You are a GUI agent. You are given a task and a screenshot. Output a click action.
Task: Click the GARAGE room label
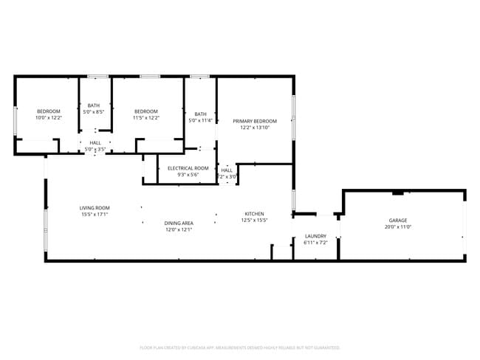click(398, 221)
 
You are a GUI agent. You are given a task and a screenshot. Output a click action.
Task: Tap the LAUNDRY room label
click(315, 236)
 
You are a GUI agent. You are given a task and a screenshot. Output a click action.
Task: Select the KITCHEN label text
click(255, 214)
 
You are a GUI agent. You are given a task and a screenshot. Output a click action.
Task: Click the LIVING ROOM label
click(95, 208)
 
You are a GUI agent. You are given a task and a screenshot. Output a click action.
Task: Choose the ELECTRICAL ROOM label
click(188, 168)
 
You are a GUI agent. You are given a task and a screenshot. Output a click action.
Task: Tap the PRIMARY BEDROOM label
click(255, 121)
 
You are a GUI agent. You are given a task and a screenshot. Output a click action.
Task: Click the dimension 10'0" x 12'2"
click(48, 117)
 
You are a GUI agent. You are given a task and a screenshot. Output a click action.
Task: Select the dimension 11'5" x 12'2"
click(146, 117)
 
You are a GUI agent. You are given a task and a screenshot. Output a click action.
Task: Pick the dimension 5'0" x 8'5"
click(94, 111)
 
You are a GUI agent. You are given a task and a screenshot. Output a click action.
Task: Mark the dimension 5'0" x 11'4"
click(201, 120)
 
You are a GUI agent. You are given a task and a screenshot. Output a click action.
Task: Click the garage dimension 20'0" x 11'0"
click(398, 227)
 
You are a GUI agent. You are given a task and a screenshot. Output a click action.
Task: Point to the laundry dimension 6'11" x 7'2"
click(315, 243)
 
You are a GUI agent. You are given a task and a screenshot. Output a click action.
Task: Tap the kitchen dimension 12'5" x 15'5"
click(255, 221)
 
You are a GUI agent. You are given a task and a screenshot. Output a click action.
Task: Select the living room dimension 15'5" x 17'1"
click(95, 215)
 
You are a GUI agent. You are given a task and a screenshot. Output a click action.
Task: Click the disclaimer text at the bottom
click(240, 347)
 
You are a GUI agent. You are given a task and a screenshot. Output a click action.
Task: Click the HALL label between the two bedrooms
click(95, 143)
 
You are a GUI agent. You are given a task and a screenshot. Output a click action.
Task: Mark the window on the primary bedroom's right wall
click(293, 117)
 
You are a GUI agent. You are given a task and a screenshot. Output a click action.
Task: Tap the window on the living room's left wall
click(46, 229)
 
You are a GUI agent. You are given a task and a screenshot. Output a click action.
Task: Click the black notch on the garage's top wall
click(398, 193)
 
